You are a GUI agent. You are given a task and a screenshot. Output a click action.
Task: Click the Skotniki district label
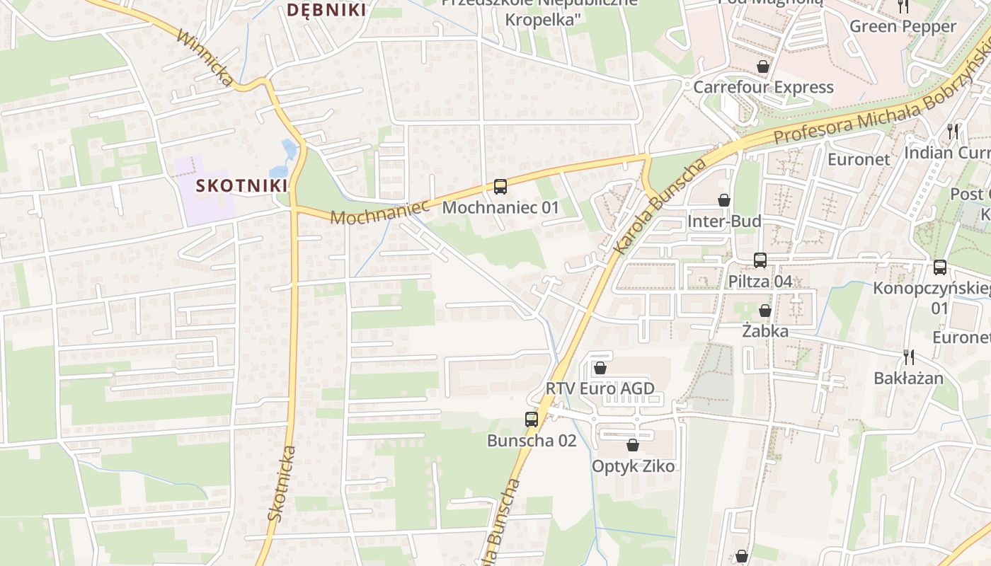[241, 185]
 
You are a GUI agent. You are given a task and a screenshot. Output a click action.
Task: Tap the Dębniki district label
[326, 10]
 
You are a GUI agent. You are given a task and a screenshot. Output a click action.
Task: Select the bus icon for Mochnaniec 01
[500, 187]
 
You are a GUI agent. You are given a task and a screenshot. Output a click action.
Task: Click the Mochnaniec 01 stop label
[500, 207]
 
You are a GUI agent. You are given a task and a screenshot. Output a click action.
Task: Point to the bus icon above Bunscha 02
[532, 419]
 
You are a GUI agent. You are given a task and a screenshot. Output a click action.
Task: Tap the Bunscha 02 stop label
[531, 440]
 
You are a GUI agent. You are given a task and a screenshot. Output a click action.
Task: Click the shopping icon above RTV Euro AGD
[600, 368]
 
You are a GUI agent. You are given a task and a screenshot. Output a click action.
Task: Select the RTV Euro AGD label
[600, 388]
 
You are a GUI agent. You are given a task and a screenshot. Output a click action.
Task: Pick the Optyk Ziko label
[633, 466]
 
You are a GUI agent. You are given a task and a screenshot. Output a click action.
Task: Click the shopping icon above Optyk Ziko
[633, 445]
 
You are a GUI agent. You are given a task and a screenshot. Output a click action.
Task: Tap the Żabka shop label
[764, 330]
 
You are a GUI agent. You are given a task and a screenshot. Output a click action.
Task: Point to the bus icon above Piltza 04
[760, 260]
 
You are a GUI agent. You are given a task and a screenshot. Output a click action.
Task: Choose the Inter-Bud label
[724, 221]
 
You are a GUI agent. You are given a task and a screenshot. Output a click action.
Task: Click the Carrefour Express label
[763, 87]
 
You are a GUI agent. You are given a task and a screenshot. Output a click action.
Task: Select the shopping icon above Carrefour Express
[763, 67]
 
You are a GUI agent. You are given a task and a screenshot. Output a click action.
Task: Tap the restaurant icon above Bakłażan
[909, 357]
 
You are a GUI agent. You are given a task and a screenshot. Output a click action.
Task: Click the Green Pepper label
[903, 26]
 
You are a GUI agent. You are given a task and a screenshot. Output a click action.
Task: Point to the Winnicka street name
[205, 58]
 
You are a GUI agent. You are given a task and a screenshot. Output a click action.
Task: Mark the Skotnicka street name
[282, 484]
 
